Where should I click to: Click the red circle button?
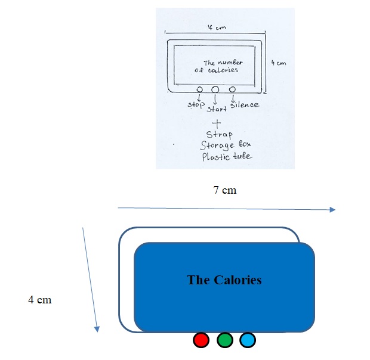click(201, 340)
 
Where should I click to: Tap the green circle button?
click(224, 340)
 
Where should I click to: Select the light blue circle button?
click(247, 340)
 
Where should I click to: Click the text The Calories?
click(224, 280)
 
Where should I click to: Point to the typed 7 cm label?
click(225, 191)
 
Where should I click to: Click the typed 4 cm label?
click(40, 299)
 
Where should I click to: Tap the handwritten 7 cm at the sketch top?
click(213, 27)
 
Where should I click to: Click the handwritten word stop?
click(196, 105)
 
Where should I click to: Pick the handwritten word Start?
click(217, 109)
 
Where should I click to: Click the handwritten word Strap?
click(218, 134)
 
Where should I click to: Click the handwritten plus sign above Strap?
click(217, 123)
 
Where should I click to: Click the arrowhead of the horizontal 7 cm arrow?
click(333, 210)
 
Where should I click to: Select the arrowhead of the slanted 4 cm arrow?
click(96, 328)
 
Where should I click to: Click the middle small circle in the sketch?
click(215, 89)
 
